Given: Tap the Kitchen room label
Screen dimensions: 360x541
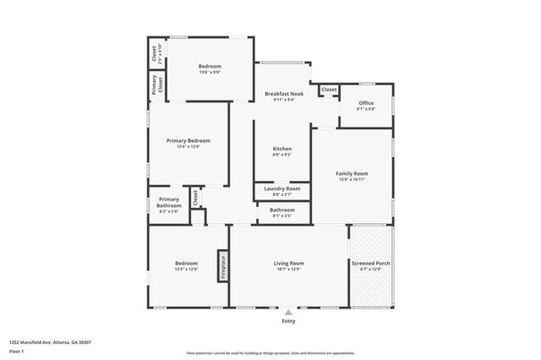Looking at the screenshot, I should click(x=281, y=149).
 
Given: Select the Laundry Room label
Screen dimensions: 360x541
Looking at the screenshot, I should click(x=281, y=188).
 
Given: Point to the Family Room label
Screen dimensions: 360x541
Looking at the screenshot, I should click(x=352, y=173).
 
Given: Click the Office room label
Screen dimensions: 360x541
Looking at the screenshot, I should click(x=366, y=103).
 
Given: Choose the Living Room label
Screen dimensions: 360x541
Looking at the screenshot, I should click(x=288, y=264).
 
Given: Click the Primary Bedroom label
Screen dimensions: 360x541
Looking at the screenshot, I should click(x=188, y=140).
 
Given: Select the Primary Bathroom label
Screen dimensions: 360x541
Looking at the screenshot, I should click(x=169, y=202).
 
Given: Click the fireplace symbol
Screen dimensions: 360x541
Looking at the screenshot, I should click(x=224, y=265).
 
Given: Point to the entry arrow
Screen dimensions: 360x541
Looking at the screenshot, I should click(x=288, y=311).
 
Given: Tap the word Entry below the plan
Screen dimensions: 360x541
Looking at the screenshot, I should click(x=288, y=321).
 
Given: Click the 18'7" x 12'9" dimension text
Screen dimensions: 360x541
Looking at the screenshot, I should click(x=288, y=270).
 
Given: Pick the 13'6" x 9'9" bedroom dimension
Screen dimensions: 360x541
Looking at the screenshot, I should click(x=210, y=72).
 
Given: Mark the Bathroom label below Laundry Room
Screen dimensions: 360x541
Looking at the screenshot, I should click(x=281, y=210).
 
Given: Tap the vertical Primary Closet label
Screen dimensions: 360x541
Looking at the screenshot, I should click(x=156, y=85).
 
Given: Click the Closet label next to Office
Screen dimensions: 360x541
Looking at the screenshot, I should click(x=329, y=89).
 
